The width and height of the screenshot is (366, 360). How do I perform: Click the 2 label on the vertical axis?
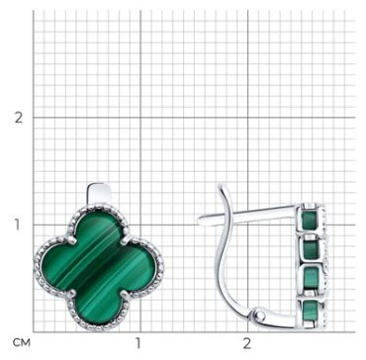(19, 118)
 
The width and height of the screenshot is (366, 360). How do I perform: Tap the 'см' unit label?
(22, 343)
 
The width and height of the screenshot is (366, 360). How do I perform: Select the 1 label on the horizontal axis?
(138, 343)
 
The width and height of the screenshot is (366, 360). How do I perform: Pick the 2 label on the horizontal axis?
(246, 343)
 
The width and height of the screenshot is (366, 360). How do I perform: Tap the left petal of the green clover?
(57, 268)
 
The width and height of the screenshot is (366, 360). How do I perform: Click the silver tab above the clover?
(99, 195)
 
